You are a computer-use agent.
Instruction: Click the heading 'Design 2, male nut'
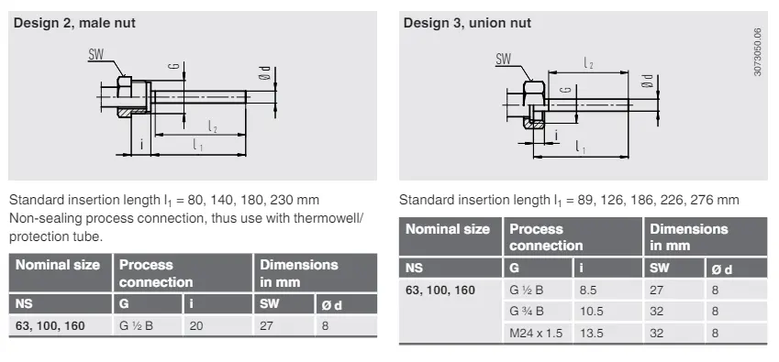[x=74, y=23]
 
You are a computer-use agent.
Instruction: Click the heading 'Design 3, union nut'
[x=467, y=23]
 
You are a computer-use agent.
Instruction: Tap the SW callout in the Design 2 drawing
[x=96, y=55]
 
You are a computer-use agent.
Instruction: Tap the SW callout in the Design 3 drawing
[x=503, y=60]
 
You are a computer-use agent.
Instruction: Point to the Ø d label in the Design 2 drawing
[x=265, y=73]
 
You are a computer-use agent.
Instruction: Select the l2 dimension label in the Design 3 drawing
[x=589, y=63]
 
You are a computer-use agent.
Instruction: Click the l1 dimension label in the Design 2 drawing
[x=197, y=145]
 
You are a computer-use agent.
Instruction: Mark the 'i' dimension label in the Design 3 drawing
[x=556, y=135]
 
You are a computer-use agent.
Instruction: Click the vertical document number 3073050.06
[x=757, y=52]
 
